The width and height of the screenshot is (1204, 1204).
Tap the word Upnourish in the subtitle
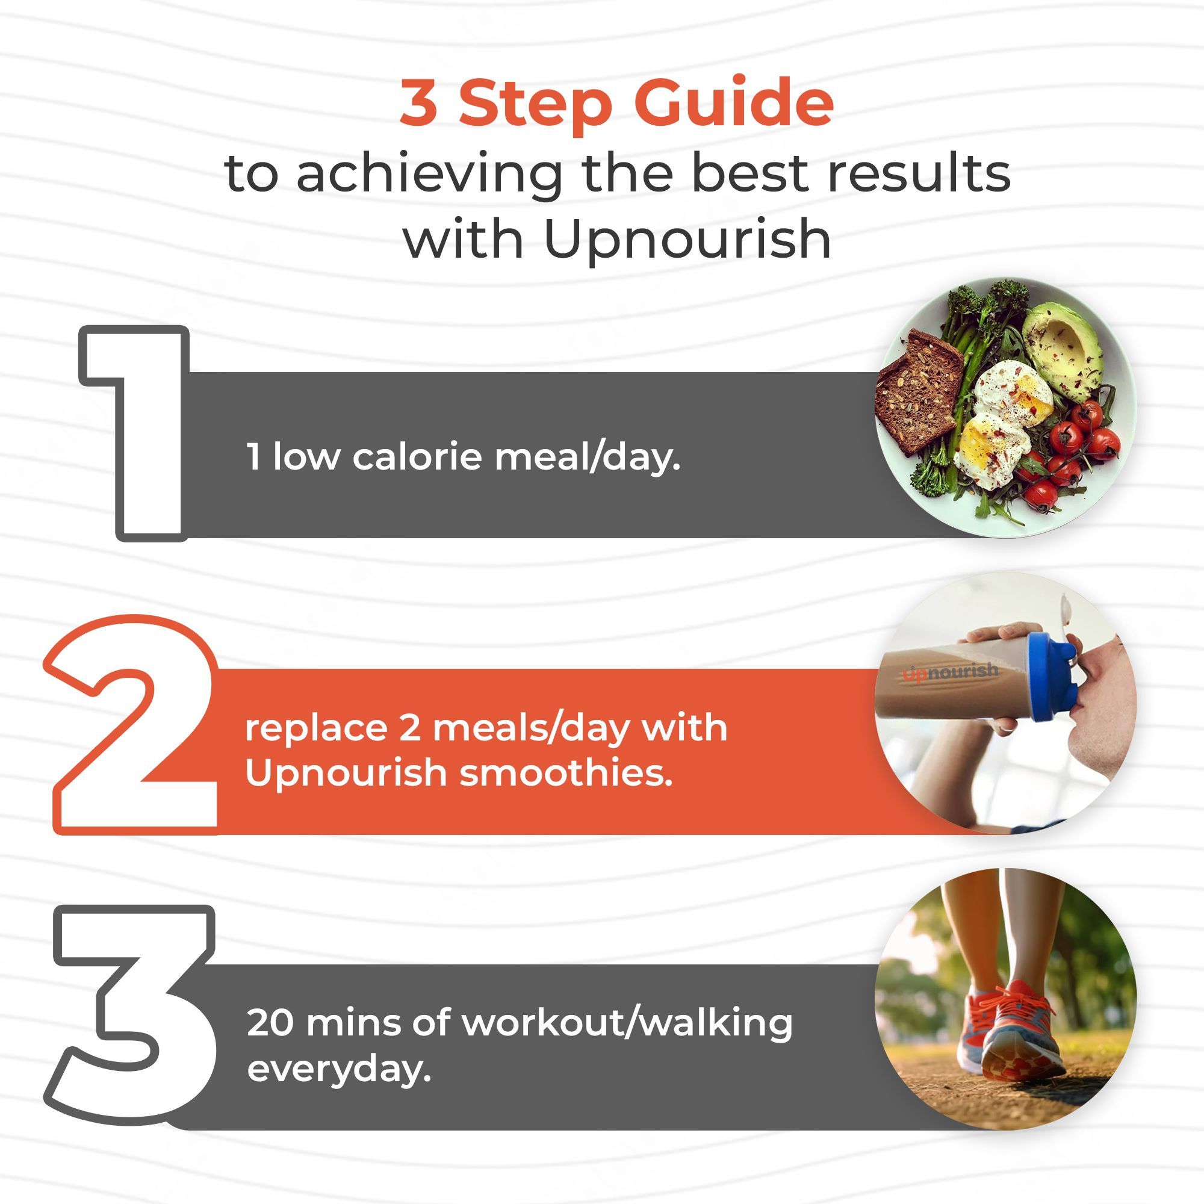point(687,241)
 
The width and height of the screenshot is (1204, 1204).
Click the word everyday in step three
point(339,1070)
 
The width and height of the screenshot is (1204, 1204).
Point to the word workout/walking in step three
point(627,1025)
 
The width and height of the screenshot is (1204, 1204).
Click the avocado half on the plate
point(1063,350)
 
